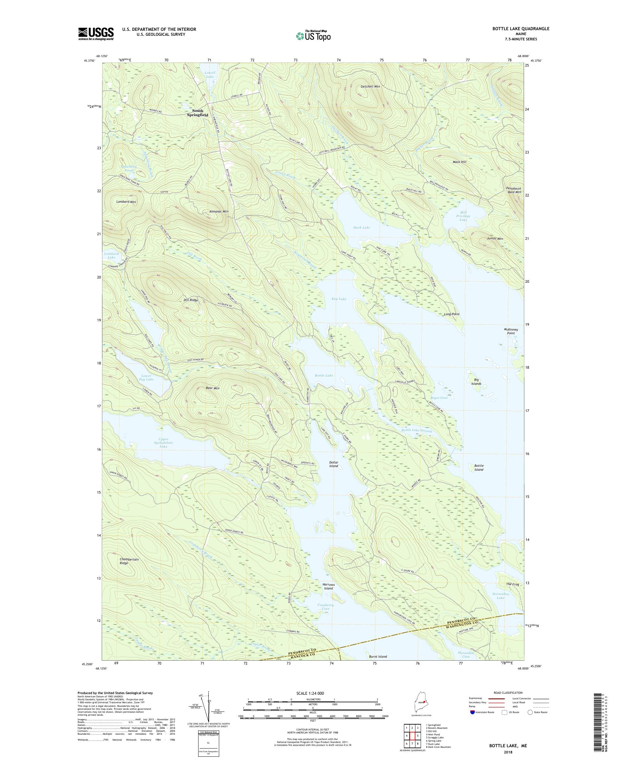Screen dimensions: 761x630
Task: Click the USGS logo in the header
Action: (x=96, y=34)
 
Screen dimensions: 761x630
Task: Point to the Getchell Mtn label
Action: (x=370, y=87)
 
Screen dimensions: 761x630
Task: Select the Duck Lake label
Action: (x=361, y=228)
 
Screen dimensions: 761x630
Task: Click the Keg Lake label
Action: (x=339, y=299)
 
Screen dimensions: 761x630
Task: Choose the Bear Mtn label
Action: (x=212, y=388)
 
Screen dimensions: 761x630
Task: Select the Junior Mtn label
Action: (x=495, y=239)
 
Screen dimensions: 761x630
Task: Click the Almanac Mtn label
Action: (x=219, y=211)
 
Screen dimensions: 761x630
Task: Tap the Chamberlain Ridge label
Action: (x=129, y=561)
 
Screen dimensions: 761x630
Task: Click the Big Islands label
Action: (x=476, y=381)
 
